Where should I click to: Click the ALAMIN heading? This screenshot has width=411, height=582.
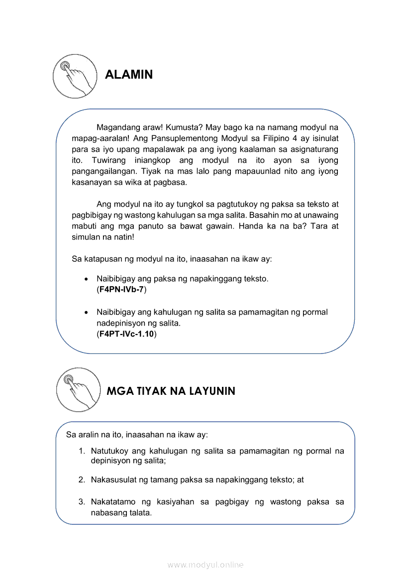(129, 75)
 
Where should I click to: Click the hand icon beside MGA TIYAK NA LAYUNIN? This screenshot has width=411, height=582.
(78, 390)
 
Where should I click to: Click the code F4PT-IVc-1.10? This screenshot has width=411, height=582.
(126, 334)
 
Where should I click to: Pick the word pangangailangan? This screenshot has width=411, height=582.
(103, 171)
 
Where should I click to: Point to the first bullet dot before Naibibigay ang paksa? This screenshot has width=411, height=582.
(87, 279)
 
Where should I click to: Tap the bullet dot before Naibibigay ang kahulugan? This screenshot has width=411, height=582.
(87, 313)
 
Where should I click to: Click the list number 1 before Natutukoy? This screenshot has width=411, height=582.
(81, 451)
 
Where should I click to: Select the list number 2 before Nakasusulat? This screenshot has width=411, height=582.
(81, 480)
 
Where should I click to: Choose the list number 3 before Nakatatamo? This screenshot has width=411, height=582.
(81, 502)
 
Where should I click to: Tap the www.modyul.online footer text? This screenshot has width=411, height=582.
(205, 565)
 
